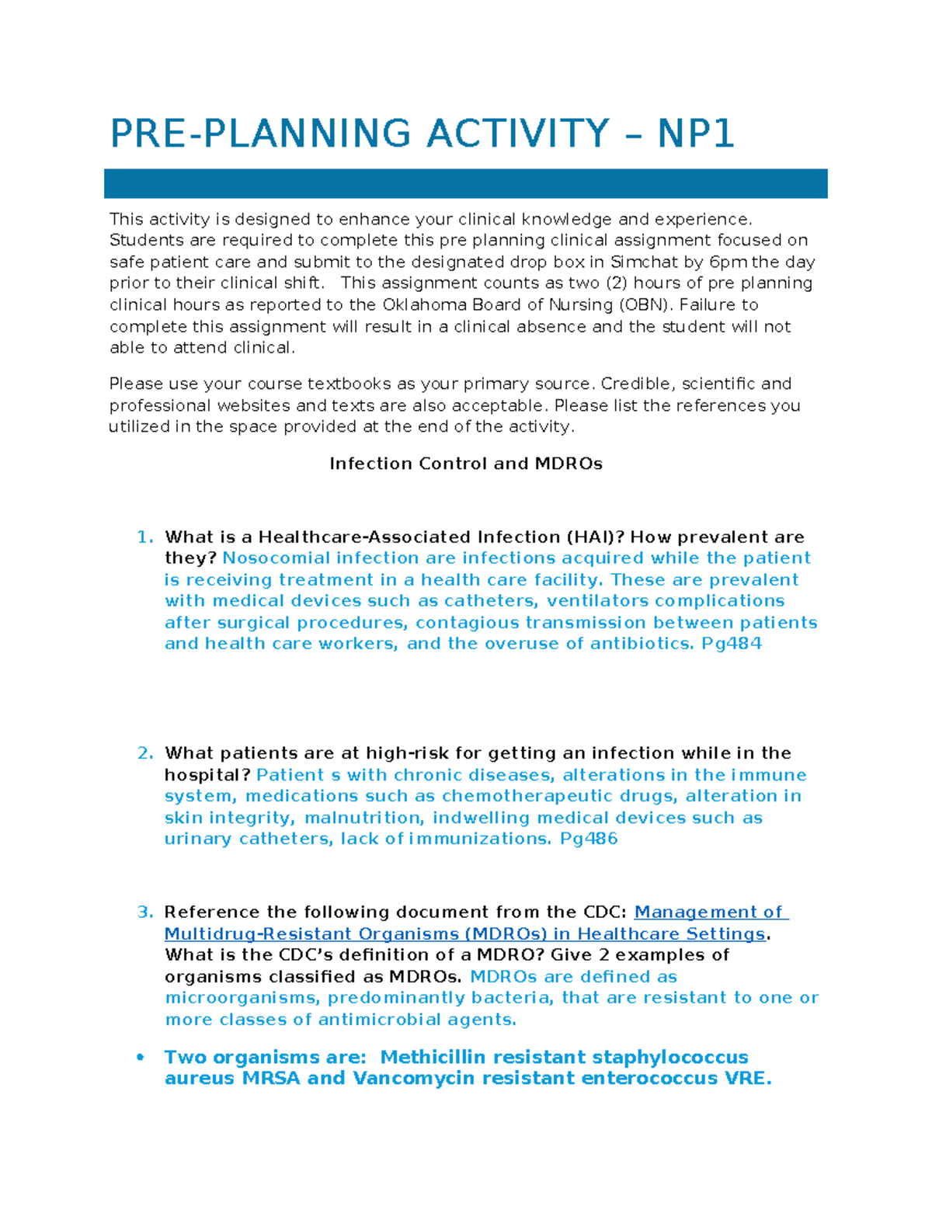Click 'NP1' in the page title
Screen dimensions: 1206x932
click(696, 133)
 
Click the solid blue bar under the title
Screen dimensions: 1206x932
click(466, 184)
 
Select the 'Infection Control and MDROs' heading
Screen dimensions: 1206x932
click(466, 464)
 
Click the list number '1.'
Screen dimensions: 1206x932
click(145, 537)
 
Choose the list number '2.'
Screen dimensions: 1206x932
click(145, 753)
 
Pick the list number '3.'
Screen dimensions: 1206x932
click(145, 912)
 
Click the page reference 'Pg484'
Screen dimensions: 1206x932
click(732, 644)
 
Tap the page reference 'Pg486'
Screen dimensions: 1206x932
click(589, 839)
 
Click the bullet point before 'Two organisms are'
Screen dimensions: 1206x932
click(141, 1058)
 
